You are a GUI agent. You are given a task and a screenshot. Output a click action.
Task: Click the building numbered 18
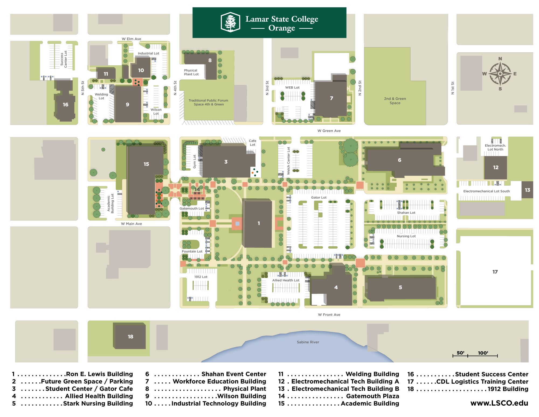pyautogui.click(x=130, y=337)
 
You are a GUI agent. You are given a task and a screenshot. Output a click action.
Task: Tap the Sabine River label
pyautogui.click(x=308, y=342)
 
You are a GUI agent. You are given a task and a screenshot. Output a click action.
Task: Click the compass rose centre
pyautogui.click(x=500, y=74)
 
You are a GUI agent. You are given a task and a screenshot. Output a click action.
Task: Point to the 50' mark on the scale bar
pyautogui.click(x=460, y=353)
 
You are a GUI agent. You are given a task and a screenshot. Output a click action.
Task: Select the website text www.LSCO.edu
pyautogui.click(x=499, y=403)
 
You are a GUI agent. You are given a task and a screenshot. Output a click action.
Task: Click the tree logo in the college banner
pyautogui.click(x=230, y=22)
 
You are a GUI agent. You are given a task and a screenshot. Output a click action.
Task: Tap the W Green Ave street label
pyautogui.click(x=329, y=131)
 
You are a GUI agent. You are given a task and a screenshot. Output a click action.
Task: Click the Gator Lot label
pyautogui.click(x=319, y=198)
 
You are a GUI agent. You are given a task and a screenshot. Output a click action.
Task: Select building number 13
pyautogui.click(x=527, y=190)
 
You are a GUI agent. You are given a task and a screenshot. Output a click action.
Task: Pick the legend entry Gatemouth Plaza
pyautogui.click(x=372, y=396)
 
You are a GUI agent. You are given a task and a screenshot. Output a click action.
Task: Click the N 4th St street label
pyautogui.click(x=175, y=88)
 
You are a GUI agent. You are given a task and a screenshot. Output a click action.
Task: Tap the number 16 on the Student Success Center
pyautogui.click(x=65, y=104)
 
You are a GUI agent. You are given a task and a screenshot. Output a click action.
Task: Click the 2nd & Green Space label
pyautogui.click(x=395, y=101)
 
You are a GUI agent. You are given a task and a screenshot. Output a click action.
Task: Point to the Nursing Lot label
pyautogui.click(x=406, y=236)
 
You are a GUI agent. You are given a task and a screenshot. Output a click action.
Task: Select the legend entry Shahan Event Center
pyautogui.click(x=234, y=374)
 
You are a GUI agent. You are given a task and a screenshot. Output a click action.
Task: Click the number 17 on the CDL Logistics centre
pyautogui.click(x=495, y=272)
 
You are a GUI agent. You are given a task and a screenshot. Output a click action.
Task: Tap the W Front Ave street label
pyautogui.click(x=329, y=315)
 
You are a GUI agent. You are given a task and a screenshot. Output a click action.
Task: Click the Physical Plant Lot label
pyautogui.click(x=191, y=72)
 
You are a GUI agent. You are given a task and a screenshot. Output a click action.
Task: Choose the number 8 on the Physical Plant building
pyautogui.click(x=210, y=60)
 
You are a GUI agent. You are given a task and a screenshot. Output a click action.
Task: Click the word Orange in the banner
pyautogui.click(x=282, y=28)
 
